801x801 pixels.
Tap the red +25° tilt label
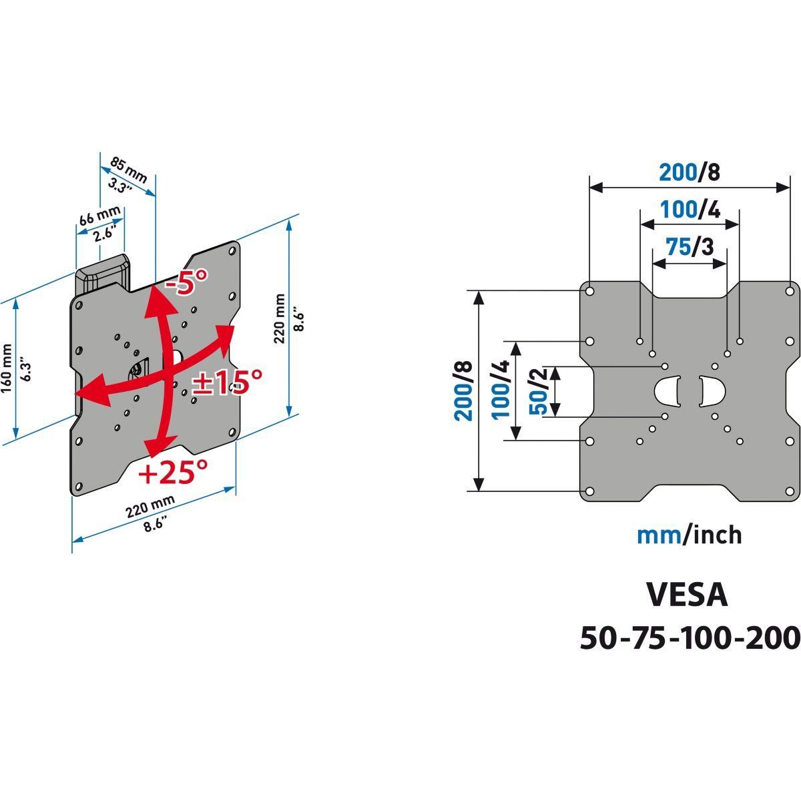173,473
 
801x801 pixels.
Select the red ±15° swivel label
227,382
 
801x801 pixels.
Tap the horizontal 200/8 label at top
690,172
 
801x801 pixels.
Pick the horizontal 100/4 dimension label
690,210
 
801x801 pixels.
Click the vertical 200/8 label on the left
463,391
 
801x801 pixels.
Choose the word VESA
687,595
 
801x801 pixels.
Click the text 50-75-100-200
690,638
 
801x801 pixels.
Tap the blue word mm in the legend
658,535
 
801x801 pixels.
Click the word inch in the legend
714,535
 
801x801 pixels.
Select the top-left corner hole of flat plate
589,291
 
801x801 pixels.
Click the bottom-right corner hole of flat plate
790,491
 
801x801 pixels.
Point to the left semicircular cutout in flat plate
667,391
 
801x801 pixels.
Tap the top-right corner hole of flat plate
790,291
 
